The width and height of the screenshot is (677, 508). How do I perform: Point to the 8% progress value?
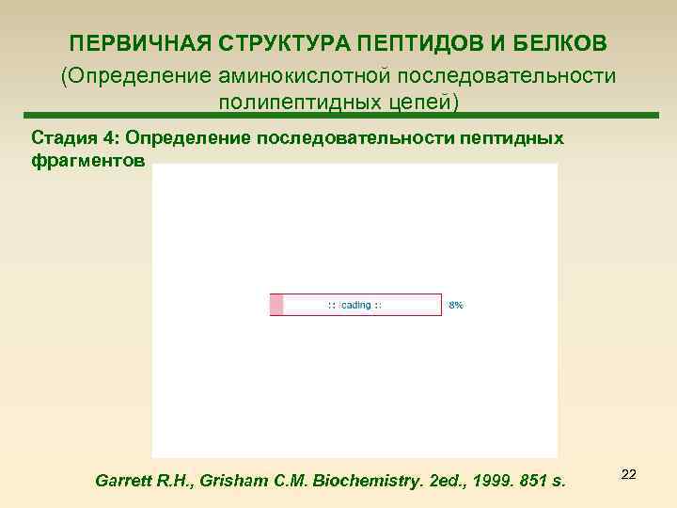(x=455, y=305)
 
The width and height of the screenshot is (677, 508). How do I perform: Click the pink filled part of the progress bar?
(x=276, y=305)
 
